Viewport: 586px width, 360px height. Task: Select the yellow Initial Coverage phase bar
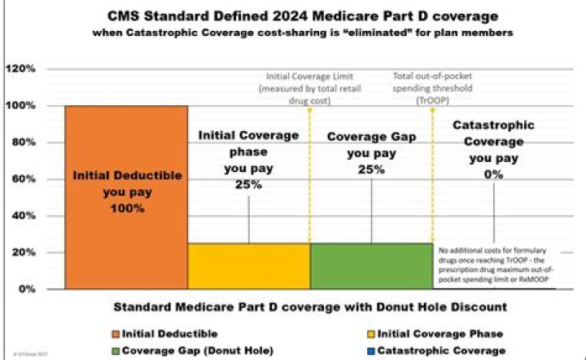click(x=249, y=266)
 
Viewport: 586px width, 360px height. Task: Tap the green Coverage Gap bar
click(x=371, y=266)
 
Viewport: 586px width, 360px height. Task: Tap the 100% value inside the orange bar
click(x=126, y=209)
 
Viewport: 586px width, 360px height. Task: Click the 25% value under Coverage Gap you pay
click(x=371, y=169)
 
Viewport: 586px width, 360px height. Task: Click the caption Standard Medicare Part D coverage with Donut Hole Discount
click(x=294, y=308)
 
